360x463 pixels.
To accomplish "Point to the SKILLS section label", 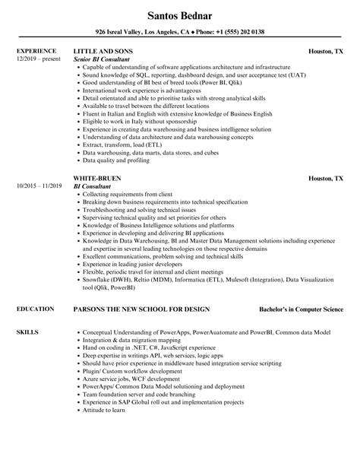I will (27, 312).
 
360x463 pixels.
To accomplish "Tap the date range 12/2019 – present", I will (37, 59).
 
